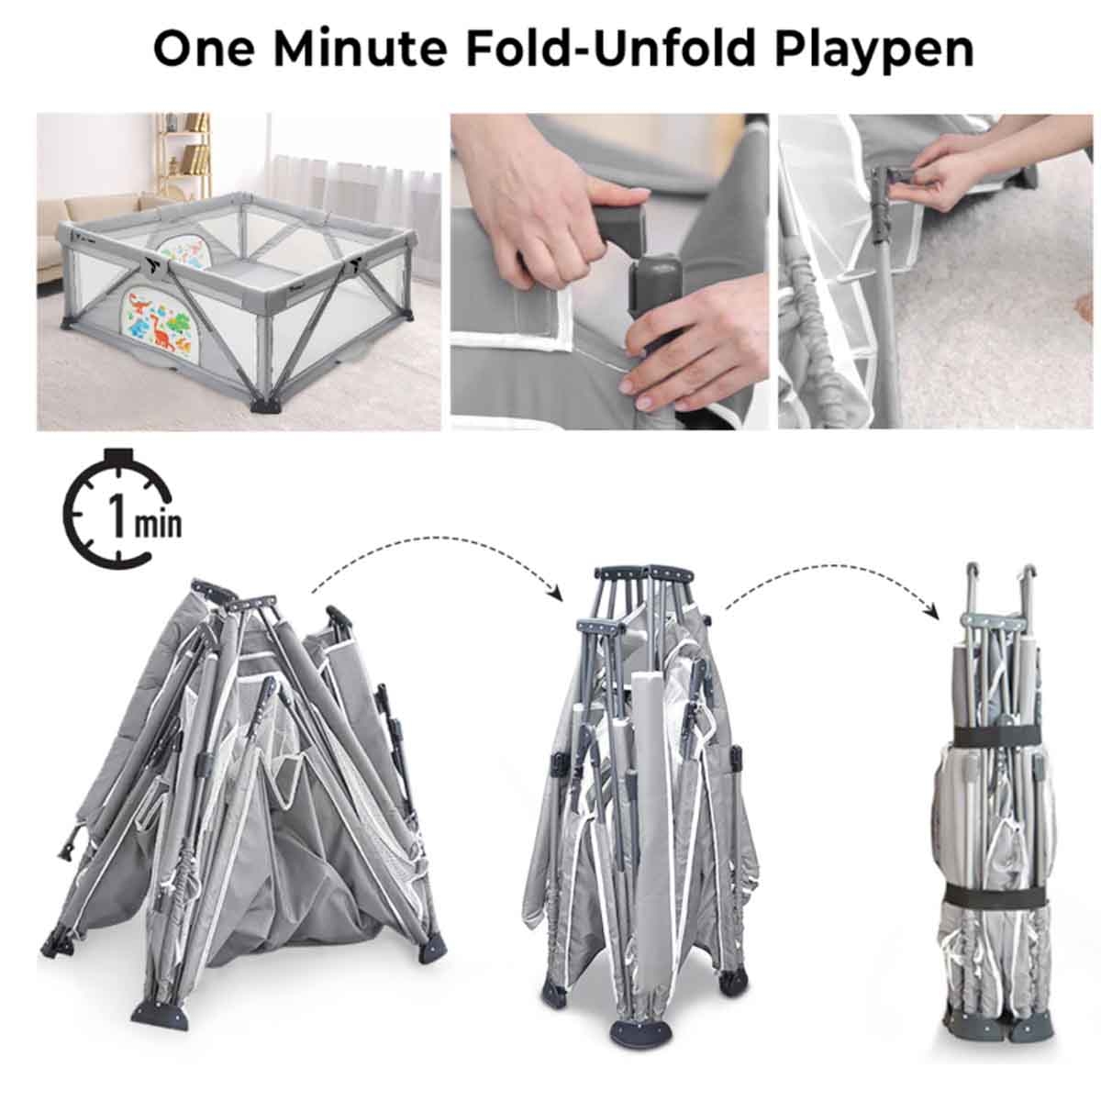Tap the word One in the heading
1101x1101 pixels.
pyautogui.click(x=206, y=48)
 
